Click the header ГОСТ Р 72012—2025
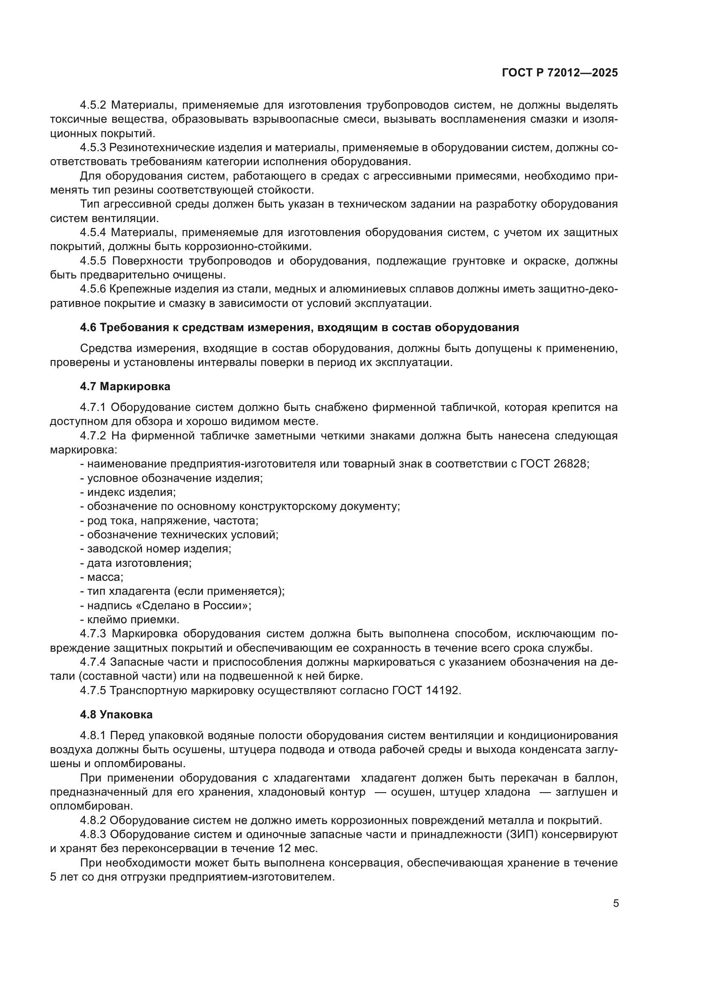point(560,73)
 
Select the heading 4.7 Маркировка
point(125,387)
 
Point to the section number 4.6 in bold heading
point(88,327)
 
